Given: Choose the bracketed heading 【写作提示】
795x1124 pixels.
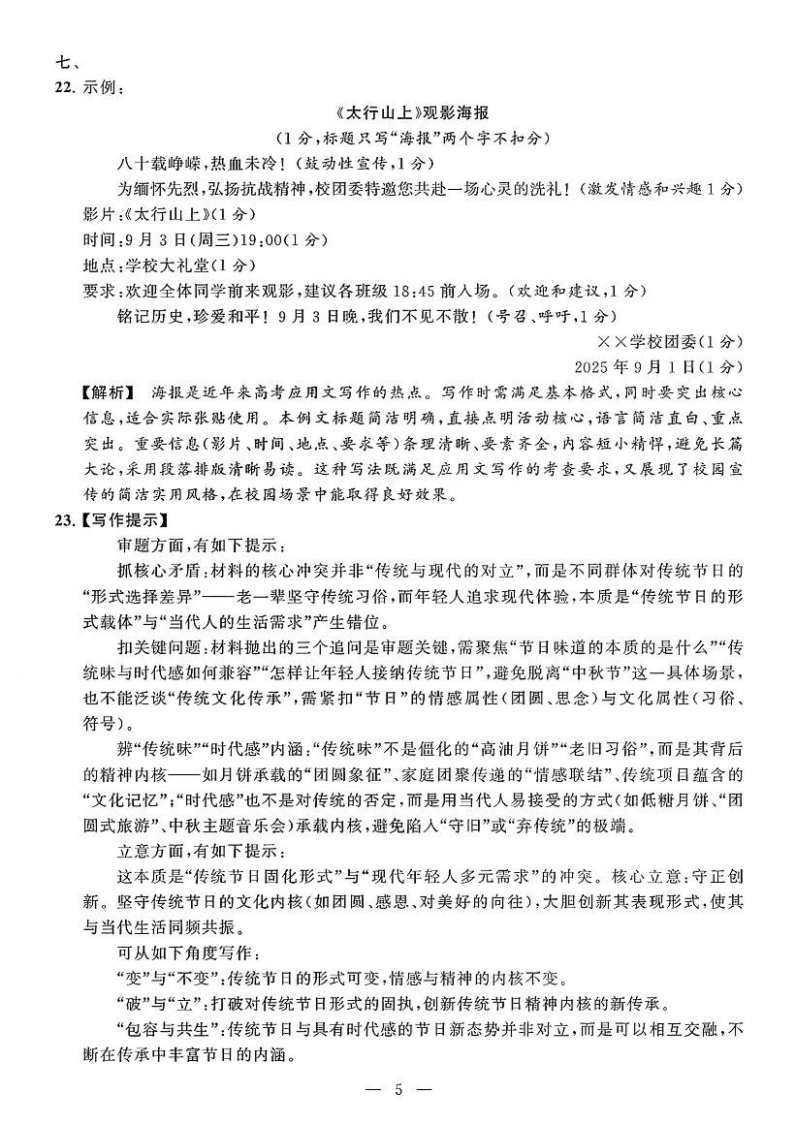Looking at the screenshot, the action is [123, 519].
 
